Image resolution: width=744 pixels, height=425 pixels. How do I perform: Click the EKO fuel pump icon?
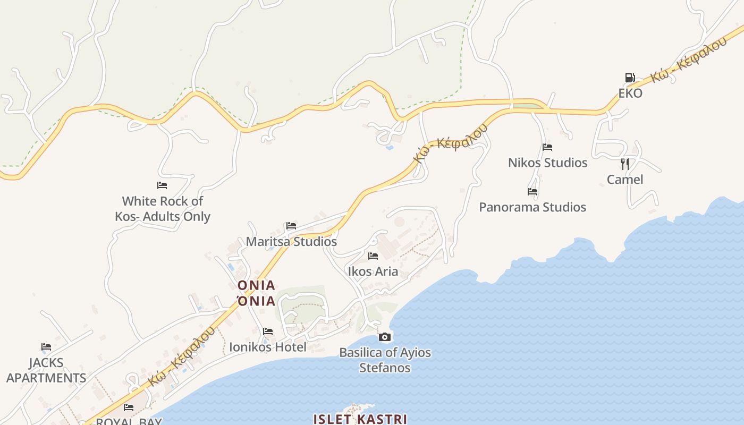[630, 78]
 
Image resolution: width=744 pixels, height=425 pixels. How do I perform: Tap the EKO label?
[630, 93]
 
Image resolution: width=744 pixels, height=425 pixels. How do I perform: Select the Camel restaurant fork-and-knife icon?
[625, 164]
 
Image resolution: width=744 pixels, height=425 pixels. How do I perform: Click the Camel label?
[625, 180]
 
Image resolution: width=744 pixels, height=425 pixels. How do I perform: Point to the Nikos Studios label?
[547, 163]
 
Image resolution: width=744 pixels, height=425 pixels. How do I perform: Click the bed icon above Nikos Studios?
[547, 147]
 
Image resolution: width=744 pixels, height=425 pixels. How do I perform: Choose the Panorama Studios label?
[532, 207]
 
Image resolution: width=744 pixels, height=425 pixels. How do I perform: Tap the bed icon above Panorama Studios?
[532, 192]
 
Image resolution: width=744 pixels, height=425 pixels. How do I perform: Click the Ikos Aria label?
[373, 271]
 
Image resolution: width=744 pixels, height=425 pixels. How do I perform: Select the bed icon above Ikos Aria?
[373, 256]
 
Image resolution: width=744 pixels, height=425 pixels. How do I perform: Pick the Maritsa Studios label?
[291, 242]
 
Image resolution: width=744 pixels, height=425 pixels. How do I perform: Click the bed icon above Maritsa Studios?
[291, 226]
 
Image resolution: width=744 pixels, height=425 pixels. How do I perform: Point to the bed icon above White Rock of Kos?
[162, 185]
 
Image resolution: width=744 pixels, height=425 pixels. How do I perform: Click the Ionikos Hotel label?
[268, 347]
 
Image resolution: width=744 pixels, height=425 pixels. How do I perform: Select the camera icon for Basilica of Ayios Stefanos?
[385, 337]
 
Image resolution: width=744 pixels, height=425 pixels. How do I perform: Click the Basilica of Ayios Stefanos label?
[385, 360]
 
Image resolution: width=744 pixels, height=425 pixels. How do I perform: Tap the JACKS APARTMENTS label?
[46, 371]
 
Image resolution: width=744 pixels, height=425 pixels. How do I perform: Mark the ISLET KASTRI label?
[360, 419]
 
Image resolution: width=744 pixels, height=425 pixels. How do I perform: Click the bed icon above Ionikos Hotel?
[268, 331]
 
